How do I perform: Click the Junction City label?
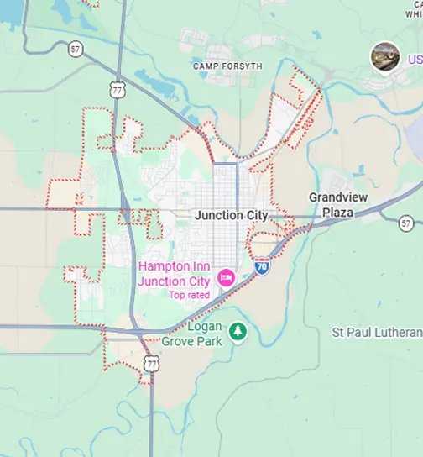click(231, 215)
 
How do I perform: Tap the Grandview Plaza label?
click(337, 205)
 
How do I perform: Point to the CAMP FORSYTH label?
click(227, 66)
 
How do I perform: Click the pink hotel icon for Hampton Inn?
click(225, 276)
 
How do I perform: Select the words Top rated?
click(189, 295)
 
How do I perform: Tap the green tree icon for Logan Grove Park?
click(238, 332)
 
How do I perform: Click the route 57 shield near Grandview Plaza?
click(406, 223)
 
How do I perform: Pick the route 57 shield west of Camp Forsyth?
click(76, 50)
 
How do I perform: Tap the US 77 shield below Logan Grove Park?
click(151, 363)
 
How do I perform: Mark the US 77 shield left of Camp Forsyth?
click(117, 87)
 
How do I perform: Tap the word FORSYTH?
click(242, 66)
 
